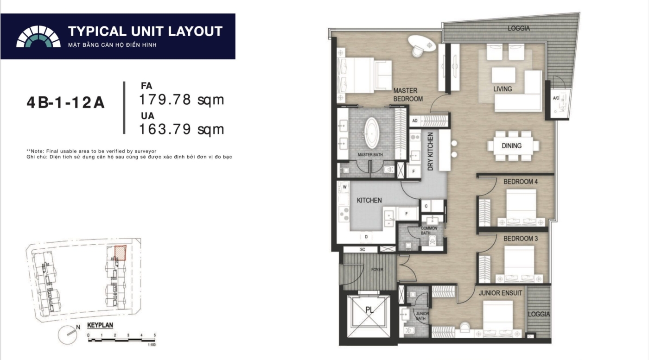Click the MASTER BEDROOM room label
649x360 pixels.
pyautogui.click(x=407, y=95)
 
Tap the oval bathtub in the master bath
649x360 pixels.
pyautogui.click(x=371, y=133)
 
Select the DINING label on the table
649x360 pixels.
pyautogui.click(x=511, y=145)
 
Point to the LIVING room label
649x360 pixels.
pyautogui.click(x=503, y=89)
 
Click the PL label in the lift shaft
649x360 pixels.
pyautogui.click(x=369, y=310)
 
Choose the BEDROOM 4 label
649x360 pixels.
pyautogui.click(x=520, y=182)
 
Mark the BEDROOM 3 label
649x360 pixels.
pyautogui.click(x=520, y=239)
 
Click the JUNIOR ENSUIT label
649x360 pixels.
pyautogui.click(x=500, y=293)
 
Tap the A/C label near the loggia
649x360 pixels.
pyautogui.click(x=556, y=98)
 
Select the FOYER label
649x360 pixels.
pyautogui.click(x=377, y=270)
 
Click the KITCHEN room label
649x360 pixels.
pyautogui.click(x=369, y=201)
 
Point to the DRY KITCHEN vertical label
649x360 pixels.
pyautogui.click(x=431, y=152)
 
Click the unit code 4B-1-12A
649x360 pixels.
pyautogui.click(x=65, y=103)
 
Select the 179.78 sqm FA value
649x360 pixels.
pyautogui.click(x=182, y=100)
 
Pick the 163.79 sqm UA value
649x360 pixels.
pyautogui.click(x=182, y=129)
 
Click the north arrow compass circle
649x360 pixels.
pyautogui.click(x=68, y=335)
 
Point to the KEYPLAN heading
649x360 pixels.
pyautogui.click(x=100, y=325)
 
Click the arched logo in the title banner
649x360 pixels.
pyautogui.click(x=38, y=37)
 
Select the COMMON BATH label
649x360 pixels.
pyautogui.click(x=428, y=231)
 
